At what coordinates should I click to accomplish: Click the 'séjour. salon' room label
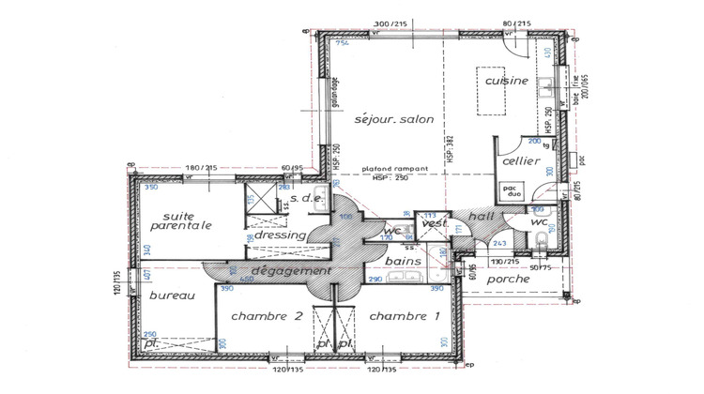point(388,121)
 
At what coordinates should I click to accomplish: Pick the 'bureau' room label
point(171,295)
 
